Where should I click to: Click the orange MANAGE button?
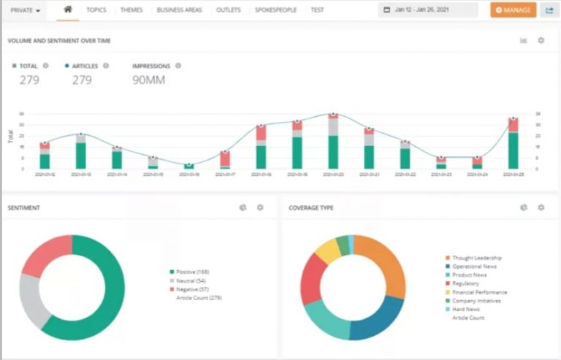pos(513,10)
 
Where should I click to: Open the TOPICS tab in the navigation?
pos(96,10)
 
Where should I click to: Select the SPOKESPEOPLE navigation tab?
pos(275,10)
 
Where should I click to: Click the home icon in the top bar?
pos(68,10)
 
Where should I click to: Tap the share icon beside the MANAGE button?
pos(549,10)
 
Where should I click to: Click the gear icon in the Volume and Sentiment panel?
pos(541,40)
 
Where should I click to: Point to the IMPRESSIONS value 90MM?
pos(148,80)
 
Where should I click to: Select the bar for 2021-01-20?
pos(333,142)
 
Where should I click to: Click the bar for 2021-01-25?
pos(514,144)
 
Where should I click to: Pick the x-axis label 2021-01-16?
pos(188,175)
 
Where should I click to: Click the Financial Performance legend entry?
pos(479,292)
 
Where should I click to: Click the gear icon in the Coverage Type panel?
pos(541,207)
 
